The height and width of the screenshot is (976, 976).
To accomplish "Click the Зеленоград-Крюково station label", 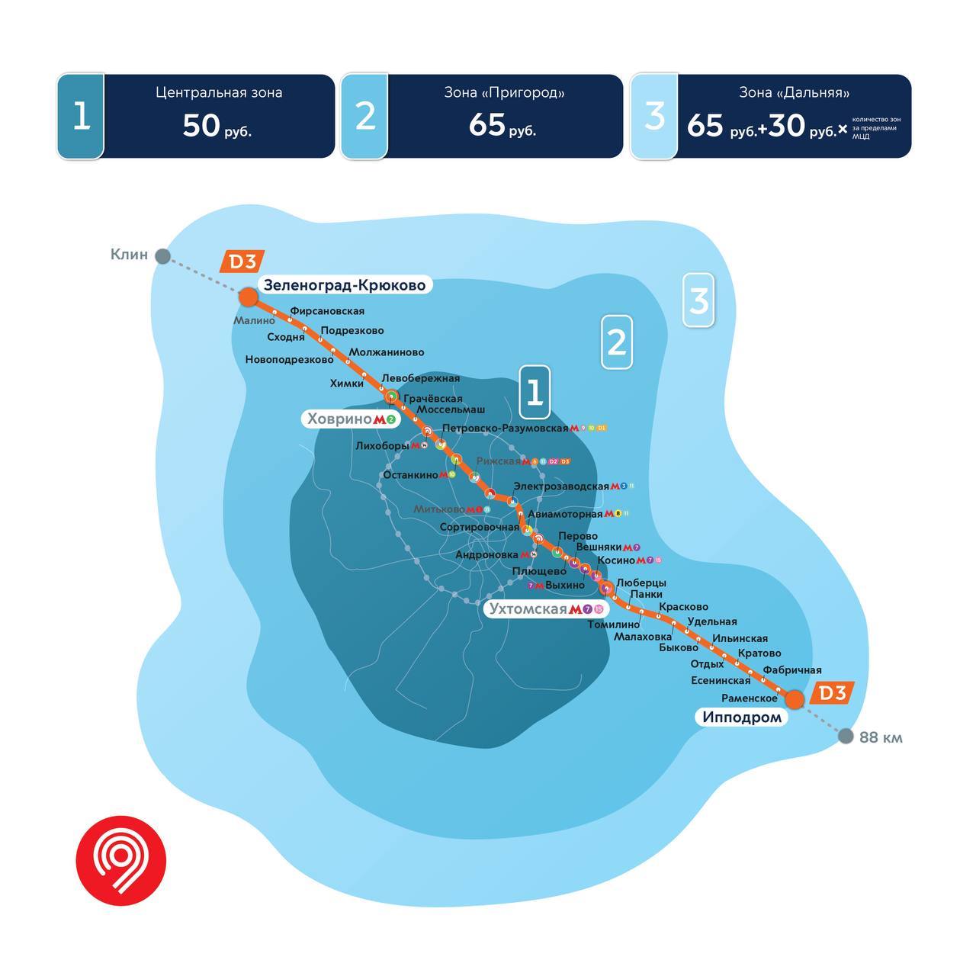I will [x=344, y=285].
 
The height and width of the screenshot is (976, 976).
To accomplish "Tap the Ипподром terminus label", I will [x=742, y=717].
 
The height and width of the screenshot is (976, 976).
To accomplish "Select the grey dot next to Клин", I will [x=162, y=255].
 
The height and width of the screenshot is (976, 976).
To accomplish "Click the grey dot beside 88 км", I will [x=845, y=736].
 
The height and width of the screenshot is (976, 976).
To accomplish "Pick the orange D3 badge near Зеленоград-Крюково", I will [x=241, y=262].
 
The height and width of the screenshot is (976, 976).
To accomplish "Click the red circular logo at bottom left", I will [x=120, y=859].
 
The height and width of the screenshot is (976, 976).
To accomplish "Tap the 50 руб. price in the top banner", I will [x=217, y=126].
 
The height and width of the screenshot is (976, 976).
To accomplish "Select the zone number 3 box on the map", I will [x=698, y=300].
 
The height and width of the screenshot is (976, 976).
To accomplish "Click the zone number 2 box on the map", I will [x=616, y=342].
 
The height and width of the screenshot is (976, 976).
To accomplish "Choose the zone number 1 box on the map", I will [x=535, y=392].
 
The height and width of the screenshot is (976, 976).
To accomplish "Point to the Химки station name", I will [x=346, y=384].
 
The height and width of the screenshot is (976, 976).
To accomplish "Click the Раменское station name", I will [x=749, y=698].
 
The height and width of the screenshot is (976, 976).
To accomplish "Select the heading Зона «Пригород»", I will [x=504, y=93].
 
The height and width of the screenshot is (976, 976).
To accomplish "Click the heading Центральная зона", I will [x=219, y=93].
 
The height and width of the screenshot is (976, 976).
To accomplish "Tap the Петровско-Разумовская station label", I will [x=506, y=429].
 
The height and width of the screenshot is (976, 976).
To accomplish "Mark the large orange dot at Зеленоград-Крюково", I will [x=249, y=297].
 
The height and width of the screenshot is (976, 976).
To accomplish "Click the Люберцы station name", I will [x=640, y=583].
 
